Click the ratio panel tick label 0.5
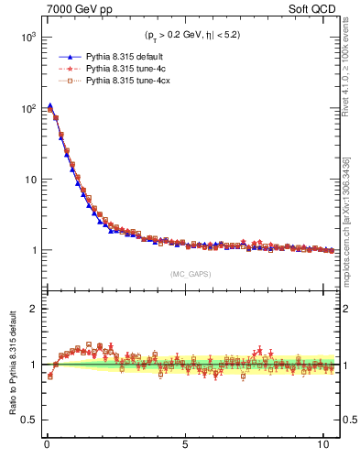click(27, 420)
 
